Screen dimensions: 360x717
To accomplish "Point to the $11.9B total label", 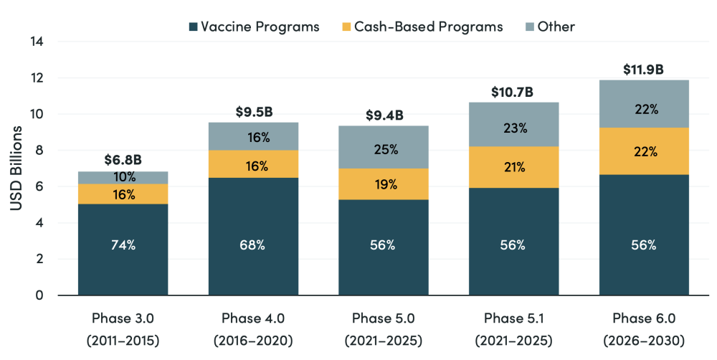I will (x=643, y=70).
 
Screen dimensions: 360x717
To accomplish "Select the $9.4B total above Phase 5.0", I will (x=384, y=115).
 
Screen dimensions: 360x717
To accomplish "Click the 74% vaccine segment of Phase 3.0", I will (x=123, y=245).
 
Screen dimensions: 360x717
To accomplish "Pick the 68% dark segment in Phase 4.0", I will (x=253, y=245).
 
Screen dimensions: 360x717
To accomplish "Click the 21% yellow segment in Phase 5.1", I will (x=513, y=167).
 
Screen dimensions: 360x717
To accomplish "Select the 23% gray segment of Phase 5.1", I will (x=513, y=128).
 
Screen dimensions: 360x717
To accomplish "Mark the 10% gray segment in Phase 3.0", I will (x=123, y=177).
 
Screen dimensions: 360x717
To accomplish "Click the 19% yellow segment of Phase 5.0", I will (x=384, y=184).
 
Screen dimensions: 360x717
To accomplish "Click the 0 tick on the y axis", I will (x=39, y=295).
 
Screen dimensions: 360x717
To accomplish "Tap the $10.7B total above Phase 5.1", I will (x=513, y=93).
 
